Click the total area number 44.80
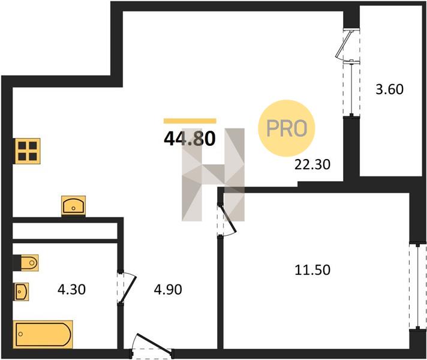point(190,139)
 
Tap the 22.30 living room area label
point(312,164)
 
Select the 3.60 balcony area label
point(389,89)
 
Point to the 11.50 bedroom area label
point(312,270)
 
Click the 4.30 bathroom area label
point(71,289)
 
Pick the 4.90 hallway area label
point(168,289)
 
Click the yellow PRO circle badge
point(287,128)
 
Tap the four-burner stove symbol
point(28,151)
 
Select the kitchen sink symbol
point(73,206)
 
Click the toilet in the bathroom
point(26,263)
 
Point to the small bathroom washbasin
point(21,292)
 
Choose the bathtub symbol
point(43,334)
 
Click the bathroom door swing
point(127,287)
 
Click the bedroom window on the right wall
point(418,286)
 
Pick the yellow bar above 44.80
point(190,121)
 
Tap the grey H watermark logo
point(213,175)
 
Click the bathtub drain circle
point(20,334)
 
